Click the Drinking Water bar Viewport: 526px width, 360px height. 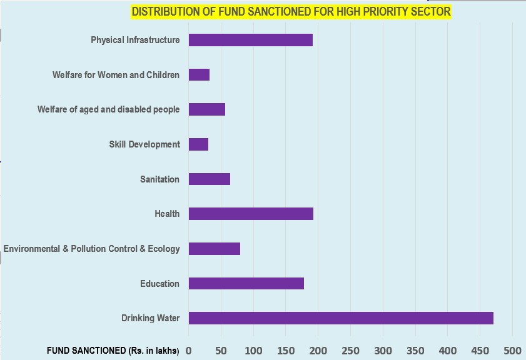[x=341, y=318]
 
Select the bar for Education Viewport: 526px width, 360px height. [x=246, y=284]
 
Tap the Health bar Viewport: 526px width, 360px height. [x=251, y=214]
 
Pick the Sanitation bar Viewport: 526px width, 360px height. [x=210, y=179]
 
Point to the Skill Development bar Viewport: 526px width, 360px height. [x=198, y=144]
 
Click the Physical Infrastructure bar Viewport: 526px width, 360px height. [x=251, y=40]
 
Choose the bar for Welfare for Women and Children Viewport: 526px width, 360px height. [x=199, y=75]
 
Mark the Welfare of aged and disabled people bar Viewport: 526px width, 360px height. [x=207, y=110]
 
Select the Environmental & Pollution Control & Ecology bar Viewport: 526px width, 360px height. [x=215, y=249]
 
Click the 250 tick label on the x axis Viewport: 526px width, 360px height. [x=350, y=351]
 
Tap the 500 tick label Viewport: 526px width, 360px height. [x=512, y=351]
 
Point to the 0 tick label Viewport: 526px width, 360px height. [x=188, y=351]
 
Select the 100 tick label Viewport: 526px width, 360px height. [x=253, y=351]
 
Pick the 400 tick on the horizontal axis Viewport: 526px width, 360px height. [x=448, y=351]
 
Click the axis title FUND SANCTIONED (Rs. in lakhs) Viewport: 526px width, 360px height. [x=113, y=351]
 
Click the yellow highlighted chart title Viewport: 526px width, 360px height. [x=291, y=12]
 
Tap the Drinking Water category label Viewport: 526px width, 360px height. [x=151, y=319]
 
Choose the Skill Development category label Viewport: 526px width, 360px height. [x=144, y=144]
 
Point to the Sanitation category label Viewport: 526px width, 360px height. [x=159, y=179]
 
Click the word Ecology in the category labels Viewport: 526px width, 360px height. [x=164, y=249]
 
